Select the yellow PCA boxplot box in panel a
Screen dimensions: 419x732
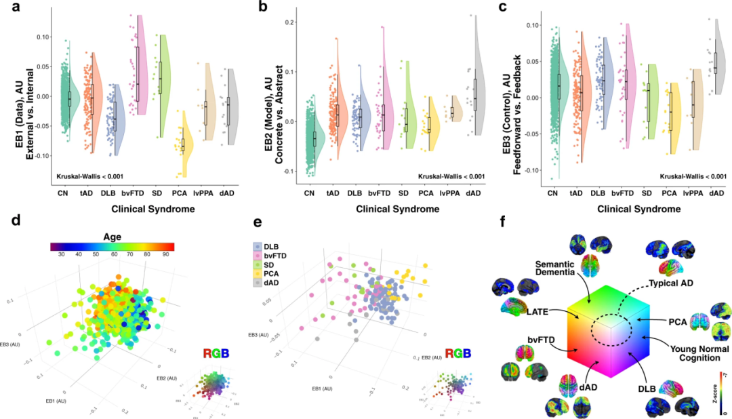[x=182, y=144]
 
